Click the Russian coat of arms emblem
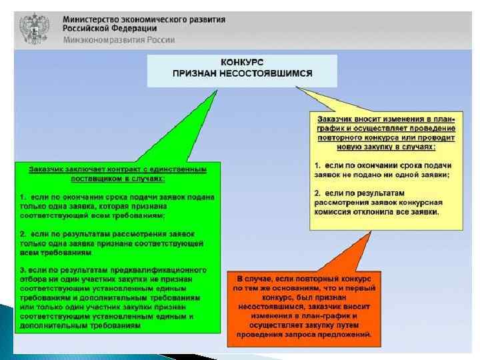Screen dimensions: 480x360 tap(33, 29)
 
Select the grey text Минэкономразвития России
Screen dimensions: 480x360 tap(119, 40)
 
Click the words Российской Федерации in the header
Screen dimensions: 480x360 tap(111, 29)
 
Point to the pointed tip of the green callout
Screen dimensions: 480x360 tap(218, 91)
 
